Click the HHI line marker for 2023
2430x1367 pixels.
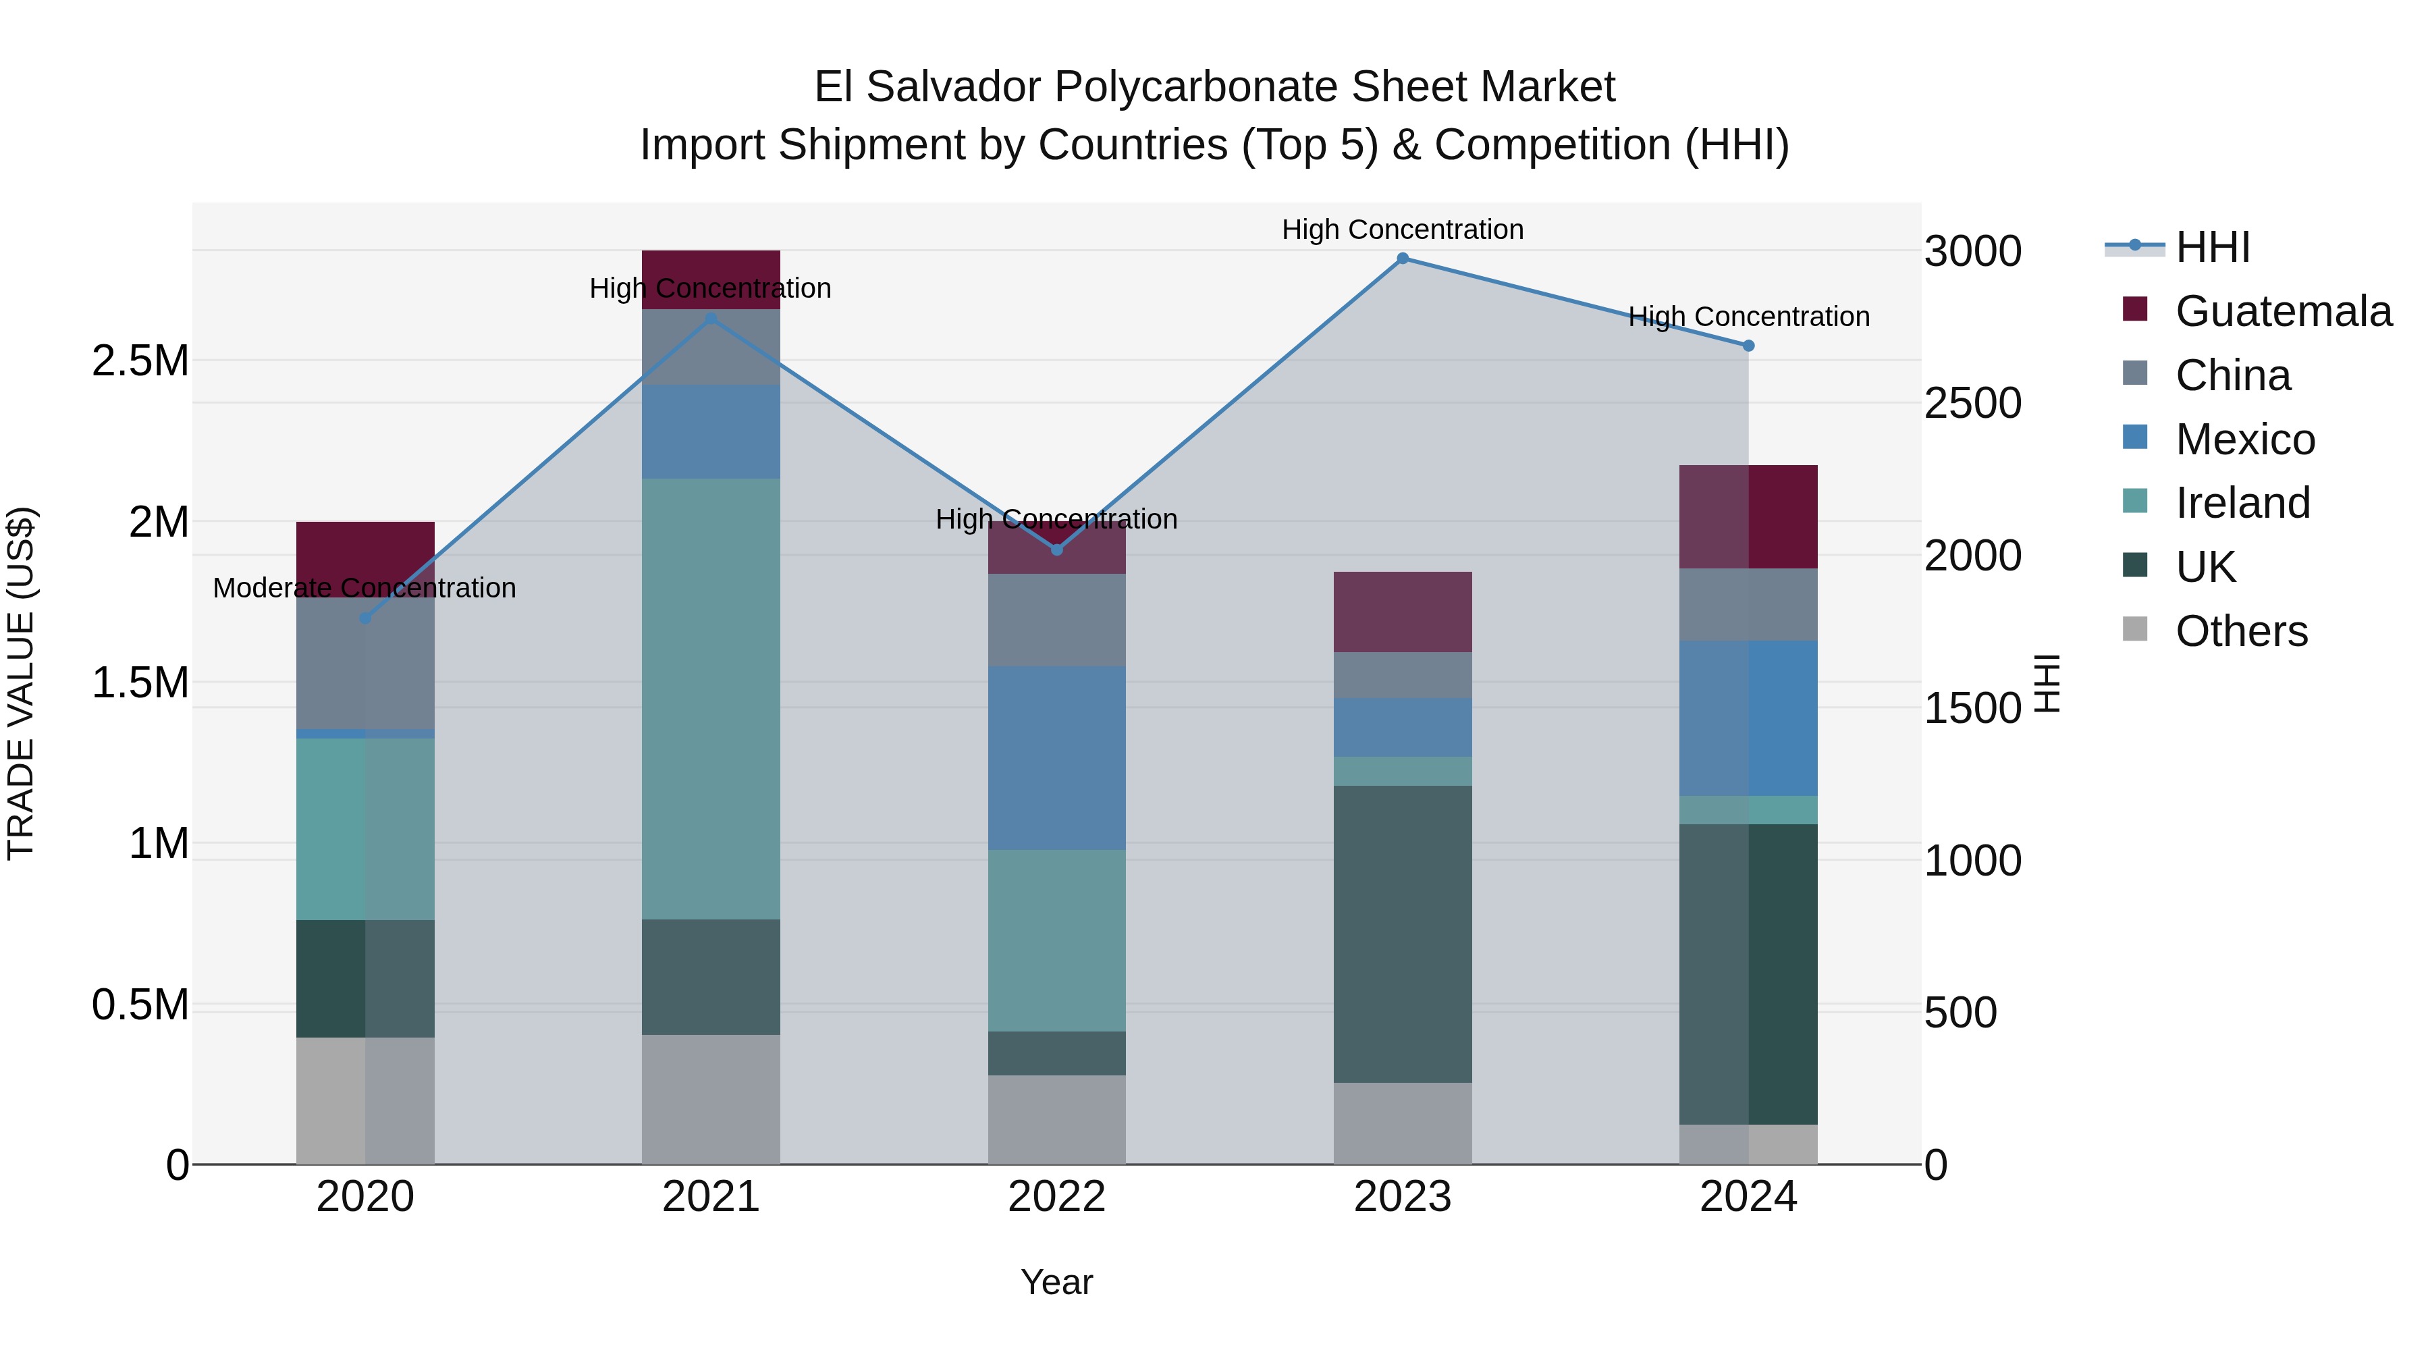click(1402, 259)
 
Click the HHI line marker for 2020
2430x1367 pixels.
click(366, 618)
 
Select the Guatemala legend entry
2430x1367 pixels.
click(2283, 311)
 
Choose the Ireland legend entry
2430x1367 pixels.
click(2242, 503)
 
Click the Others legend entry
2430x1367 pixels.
click(2241, 631)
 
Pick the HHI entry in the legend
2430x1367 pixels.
click(2212, 247)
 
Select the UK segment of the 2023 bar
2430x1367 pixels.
click(1402, 934)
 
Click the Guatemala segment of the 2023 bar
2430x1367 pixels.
click(1402, 612)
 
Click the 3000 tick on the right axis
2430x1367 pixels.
click(1972, 252)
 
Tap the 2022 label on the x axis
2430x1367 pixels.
click(1056, 1197)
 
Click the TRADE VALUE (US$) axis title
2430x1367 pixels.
click(21, 683)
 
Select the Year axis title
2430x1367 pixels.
click(1056, 1282)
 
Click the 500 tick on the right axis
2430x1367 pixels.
click(1960, 1013)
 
